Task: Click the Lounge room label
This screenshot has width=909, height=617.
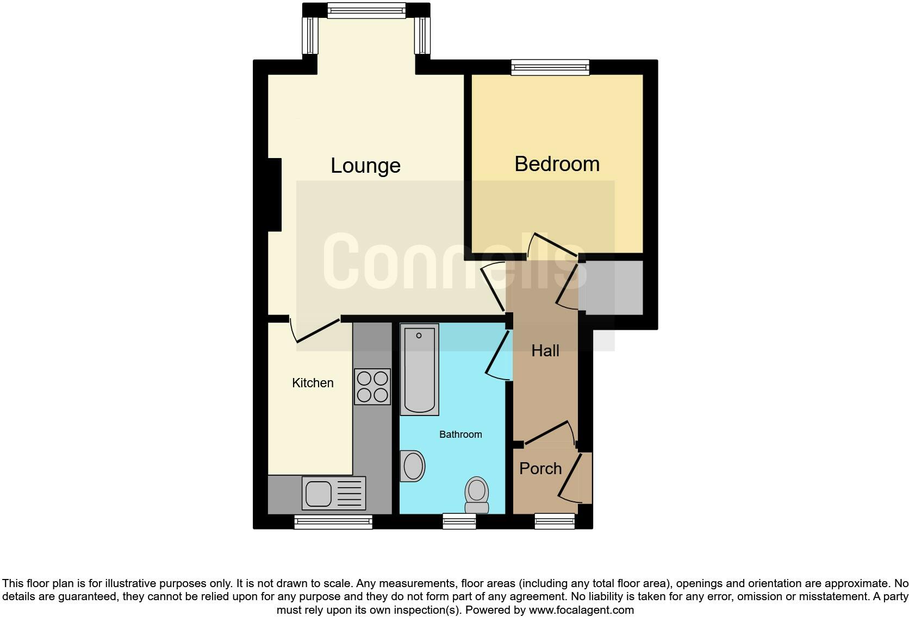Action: click(x=365, y=166)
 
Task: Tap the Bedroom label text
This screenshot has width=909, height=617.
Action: click(x=557, y=164)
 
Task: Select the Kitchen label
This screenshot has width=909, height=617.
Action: click(x=313, y=383)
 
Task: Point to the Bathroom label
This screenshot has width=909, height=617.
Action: click(x=460, y=435)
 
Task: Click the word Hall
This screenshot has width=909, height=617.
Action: click(x=545, y=351)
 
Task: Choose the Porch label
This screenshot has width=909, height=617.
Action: click(x=540, y=469)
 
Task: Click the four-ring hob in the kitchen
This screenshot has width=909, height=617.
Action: click(x=372, y=386)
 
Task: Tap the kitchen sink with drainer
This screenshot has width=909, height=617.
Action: click(x=333, y=493)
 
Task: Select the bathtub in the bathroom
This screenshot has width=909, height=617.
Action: click(x=419, y=369)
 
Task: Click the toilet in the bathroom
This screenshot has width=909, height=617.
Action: click(x=477, y=495)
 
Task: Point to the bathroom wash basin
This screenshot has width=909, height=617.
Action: click(x=413, y=466)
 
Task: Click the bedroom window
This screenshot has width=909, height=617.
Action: click(x=550, y=67)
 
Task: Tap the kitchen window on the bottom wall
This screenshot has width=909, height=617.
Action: click(x=333, y=522)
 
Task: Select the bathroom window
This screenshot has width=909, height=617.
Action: click(x=459, y=522)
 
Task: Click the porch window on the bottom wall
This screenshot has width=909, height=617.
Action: click(x=555, y=522)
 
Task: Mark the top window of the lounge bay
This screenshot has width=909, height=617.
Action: click(x=366, y=10)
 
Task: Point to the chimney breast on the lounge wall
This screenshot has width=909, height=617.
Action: click(x=275, y=194)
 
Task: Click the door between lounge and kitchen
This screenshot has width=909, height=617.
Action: click(x=316, y=330)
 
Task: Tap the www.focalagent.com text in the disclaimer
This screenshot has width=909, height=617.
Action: click(x=581, y=610)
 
